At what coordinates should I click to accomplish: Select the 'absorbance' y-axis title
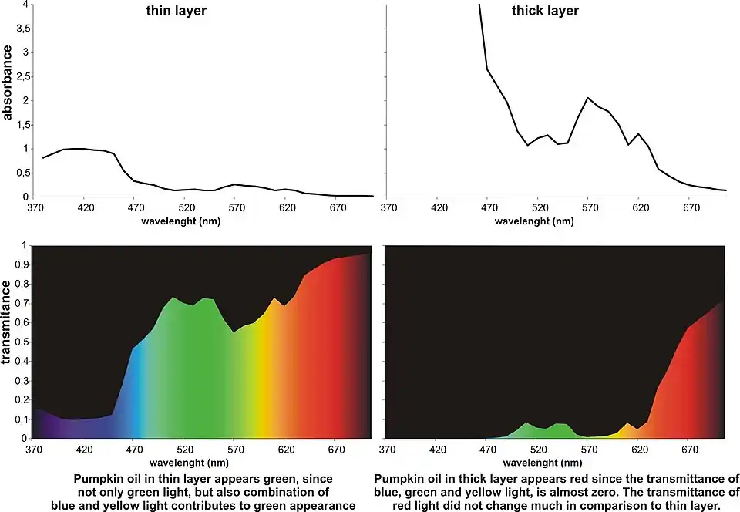pos(8,83)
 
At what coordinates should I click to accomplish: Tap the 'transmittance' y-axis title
pos(8,322)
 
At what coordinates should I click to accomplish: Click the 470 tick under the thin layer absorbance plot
pos(136,207)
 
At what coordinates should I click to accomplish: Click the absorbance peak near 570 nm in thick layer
pos(588,98)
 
